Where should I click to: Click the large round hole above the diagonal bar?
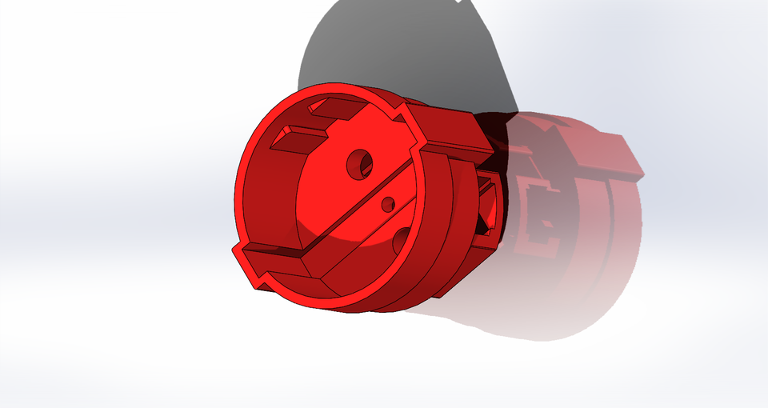[x=359, y=164]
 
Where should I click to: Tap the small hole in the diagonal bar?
[x=388, y=204]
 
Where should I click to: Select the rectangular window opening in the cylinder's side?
[x=489, y=204]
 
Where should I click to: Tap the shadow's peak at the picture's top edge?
[x=460, y=3]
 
